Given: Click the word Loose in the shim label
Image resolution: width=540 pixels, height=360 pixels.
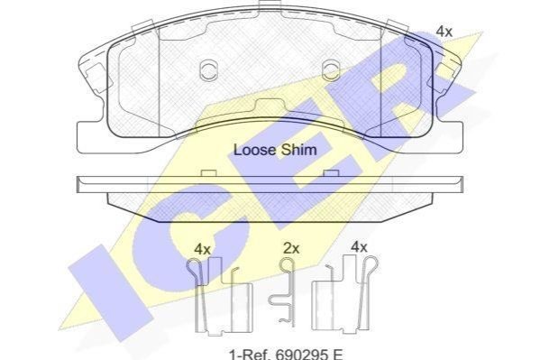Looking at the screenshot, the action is click(x=254, y=150).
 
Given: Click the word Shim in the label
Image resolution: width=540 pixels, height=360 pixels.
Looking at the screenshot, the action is click(x=299, y=150).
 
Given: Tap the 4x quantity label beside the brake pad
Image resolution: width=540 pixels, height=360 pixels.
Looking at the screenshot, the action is click(x=444, y=32).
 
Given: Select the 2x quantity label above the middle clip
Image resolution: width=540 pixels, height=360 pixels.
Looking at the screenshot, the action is click(x=291, y=248).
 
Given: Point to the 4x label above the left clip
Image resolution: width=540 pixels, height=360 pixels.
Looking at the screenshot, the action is click(x=202, y=249).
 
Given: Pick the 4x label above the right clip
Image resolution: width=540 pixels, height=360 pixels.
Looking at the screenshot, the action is click(x=359, y=247).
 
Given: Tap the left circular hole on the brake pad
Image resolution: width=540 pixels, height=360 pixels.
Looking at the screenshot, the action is click(x=209, y=69).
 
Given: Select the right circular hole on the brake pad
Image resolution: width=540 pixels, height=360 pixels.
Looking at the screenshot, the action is click(x=331, y=69).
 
